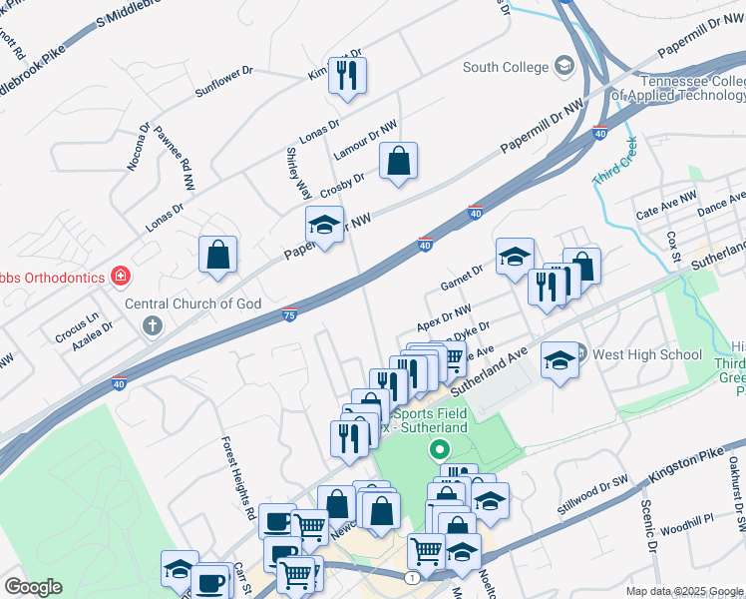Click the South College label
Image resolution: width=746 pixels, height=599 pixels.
coord(506,67)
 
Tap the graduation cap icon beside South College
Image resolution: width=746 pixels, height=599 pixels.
coord(564,67)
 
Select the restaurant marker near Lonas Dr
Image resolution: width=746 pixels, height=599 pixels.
coord(347,76)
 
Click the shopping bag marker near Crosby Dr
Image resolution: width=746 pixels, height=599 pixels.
coord(398,161)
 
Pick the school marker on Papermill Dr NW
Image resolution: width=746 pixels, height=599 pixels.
coord(323,226)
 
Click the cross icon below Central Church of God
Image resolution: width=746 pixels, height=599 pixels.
coord(153,324)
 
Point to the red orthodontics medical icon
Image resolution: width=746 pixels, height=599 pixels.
coord(121,275)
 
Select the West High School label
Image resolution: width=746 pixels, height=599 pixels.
coord(647,354)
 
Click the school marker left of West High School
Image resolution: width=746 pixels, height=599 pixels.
coord(560,360)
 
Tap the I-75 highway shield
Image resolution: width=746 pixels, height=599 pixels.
coord(289,313)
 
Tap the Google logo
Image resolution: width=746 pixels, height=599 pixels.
coord(33,587)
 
